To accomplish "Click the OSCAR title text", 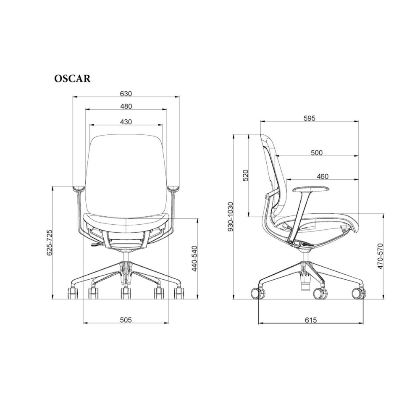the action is pyautogui.click(x=72, y=79).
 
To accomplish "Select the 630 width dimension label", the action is pyautogui.click(x=126, y=94).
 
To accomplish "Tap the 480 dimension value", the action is pyautogui.click(x=126, y=106).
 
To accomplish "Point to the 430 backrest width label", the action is pyautogui.click(x=126, y=122).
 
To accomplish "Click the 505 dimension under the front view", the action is pyautogui.click(x=126, y=320).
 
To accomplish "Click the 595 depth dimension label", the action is pyautogui.click(x=310, y=118).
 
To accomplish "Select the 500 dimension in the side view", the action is pyautogui.click(x=317, y=153).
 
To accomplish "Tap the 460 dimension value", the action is pyautogui.click(x=323, y=176).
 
